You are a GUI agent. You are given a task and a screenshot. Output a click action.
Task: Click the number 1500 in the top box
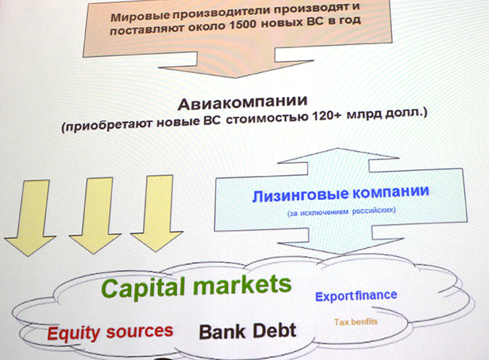point(242,25)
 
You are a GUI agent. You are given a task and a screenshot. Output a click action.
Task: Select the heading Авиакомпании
point(242,103)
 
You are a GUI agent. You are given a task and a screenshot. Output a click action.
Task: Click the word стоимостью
point(267,119)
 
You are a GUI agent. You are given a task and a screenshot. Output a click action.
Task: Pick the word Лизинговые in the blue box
point(300,195)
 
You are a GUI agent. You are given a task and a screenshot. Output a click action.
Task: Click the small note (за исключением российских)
point(342,212)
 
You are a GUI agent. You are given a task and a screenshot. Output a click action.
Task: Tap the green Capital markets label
point(196,287)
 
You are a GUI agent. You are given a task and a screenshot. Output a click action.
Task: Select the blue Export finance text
point(356,295)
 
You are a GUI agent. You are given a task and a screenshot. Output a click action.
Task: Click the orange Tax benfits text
point(356,322)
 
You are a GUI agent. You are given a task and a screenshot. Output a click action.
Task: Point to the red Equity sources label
point(110,332)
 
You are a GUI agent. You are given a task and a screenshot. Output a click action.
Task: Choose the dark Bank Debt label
point(248,331)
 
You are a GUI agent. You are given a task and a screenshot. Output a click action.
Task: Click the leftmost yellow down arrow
point(30,217)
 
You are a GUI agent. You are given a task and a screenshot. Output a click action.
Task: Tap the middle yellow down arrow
point(95,216)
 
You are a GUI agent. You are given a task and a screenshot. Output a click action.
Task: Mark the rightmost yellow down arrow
point(157,213)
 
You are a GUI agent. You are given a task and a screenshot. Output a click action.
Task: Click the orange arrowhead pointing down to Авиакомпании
point(236,69)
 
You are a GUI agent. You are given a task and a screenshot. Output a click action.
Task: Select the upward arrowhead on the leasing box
point(339,156)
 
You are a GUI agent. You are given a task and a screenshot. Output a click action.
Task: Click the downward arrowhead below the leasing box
point(340,246)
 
